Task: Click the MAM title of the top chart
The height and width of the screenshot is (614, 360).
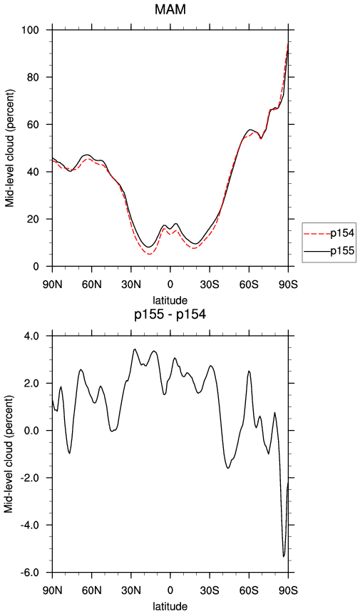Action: (x=170, y=10)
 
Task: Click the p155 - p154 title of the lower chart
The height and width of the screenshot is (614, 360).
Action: (x=170, y=314)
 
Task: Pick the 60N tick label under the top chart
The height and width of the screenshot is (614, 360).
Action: (x=91, y=284)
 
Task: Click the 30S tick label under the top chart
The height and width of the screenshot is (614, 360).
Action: (x=210, y=284)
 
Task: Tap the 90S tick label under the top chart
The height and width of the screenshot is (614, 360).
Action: (x=288, y=284)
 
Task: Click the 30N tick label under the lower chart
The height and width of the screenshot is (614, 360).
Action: (x=130, y=590)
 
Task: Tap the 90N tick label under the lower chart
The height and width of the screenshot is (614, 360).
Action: (x=53, y=590)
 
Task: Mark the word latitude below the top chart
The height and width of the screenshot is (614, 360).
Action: (x=170, y=300)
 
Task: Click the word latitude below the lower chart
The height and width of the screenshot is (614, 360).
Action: (x=170, y=607)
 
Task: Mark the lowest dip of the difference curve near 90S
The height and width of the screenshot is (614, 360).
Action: (x=283, y=556)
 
